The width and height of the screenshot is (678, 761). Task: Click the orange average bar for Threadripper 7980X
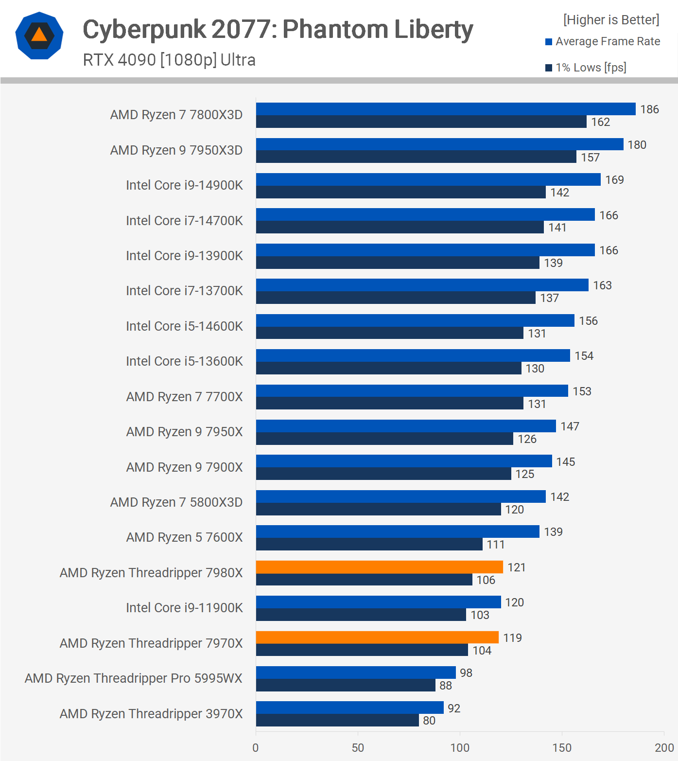click(379, 567)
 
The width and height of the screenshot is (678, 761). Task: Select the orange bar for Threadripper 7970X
click(377, 637)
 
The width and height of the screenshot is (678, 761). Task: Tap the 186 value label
click(649, 109)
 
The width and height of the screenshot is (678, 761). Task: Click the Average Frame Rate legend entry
click(607, 42)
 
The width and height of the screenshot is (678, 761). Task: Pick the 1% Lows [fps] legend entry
click(590, 68)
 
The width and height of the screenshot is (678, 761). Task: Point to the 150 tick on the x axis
click(562, 747)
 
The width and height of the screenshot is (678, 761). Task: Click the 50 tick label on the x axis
click(358, 747)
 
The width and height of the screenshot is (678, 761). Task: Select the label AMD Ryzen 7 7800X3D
click(176, 115)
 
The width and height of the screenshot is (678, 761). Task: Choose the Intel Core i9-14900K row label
click(184, 185)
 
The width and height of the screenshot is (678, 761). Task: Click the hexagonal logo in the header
click(39, 35)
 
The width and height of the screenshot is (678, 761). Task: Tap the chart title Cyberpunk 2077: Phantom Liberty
click(278, 29)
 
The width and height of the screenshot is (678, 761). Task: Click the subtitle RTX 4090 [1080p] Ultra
click(169, 60)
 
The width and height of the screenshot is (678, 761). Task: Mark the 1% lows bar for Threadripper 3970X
click(337, 720)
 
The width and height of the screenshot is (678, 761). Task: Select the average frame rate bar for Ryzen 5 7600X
click(398, 531)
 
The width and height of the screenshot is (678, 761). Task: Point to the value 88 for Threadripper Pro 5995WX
click(446, 686)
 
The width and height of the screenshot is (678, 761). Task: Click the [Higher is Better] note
click(611, 20)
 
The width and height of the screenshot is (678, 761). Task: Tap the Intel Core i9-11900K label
click(184, 608)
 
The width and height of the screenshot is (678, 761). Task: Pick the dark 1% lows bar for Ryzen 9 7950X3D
click(416, 157)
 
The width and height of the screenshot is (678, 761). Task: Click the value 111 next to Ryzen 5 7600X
click(496, 545)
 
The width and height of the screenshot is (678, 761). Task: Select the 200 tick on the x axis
click(664, 747)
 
